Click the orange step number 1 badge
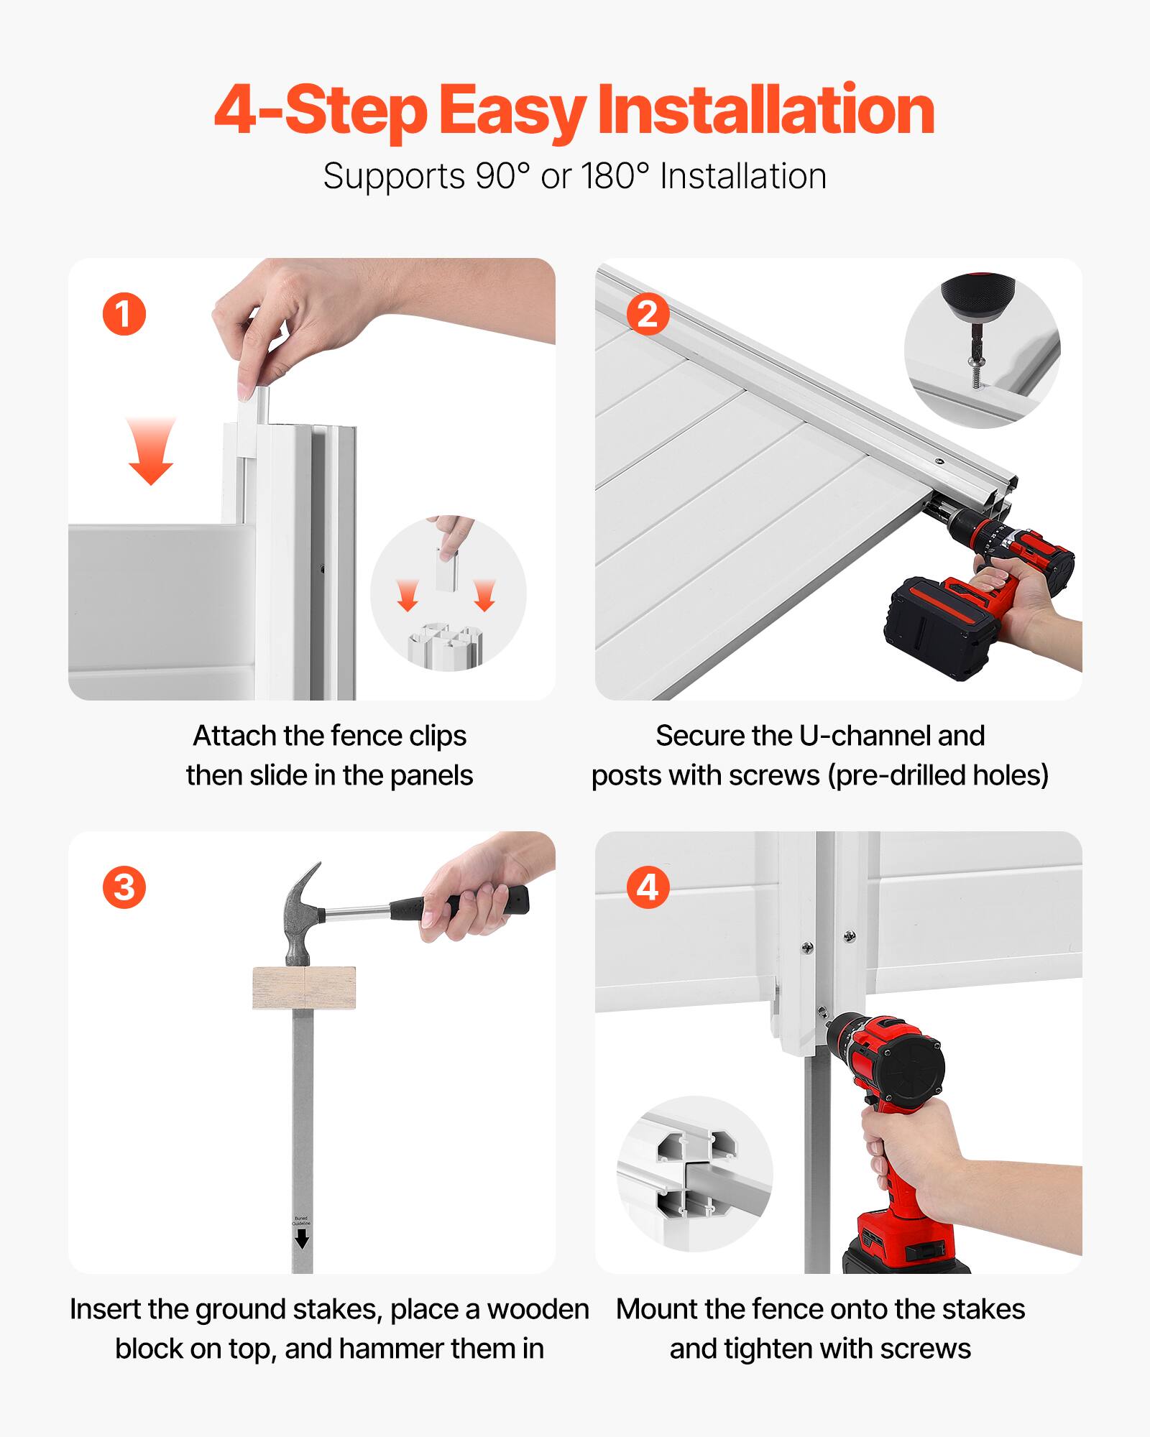124,314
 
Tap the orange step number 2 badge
647,314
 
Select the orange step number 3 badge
124,887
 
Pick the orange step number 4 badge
647,887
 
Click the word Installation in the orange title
765,110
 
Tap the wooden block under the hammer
304,988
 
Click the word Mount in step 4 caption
656,1309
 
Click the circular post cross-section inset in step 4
694,1175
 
